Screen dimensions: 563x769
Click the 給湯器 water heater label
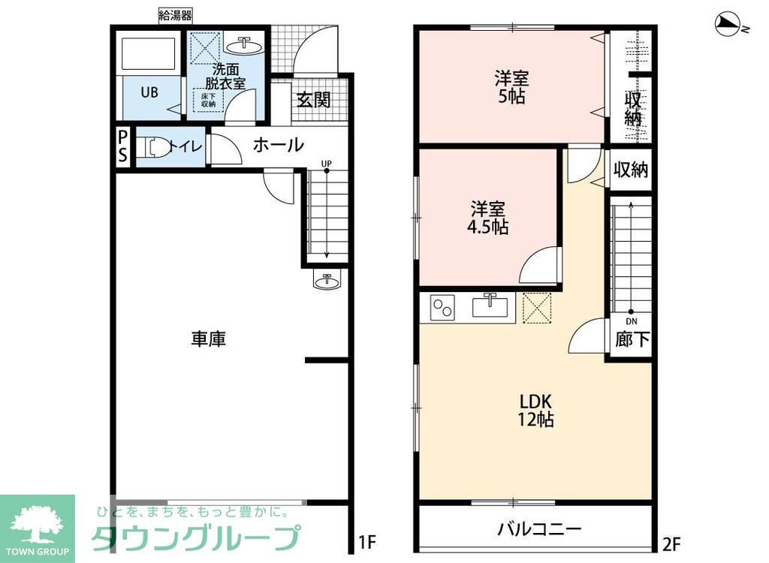tap(176, 14)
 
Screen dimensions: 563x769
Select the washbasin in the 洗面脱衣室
tap(243, 47)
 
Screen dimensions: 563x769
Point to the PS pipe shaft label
tap(122, 147)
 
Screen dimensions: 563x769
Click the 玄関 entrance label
tap(312, 100)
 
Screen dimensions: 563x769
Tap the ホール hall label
tap(278, 145)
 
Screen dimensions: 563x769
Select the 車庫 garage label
tap(208, 339)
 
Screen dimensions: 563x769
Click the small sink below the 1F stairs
tap(327, 281)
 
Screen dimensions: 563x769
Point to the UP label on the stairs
tap(326, 164)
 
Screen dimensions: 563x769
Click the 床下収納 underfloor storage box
tap(208, 99)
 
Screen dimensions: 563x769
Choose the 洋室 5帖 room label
tap(511, 86)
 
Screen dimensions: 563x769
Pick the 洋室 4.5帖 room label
tap(489, 216)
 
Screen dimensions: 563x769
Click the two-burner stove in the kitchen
tap(442, 307)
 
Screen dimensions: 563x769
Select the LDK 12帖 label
tap(535, 409)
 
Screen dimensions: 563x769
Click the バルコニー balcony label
tap(538, 528)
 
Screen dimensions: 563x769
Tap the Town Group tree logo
tap(37, 522)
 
